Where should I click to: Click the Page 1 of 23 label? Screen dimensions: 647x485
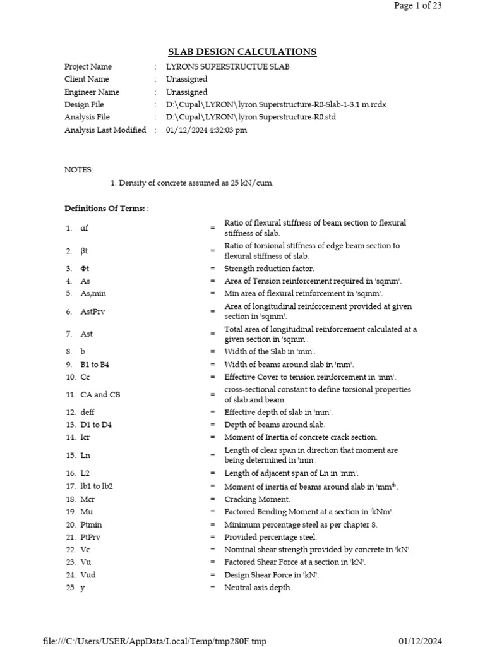pyautogui.click(x=418, y=6)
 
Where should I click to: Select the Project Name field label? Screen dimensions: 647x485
pyautogui.click(x=88, y=67)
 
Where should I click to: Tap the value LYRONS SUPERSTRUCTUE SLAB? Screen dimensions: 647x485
pyautogui.click(x=227, y=67)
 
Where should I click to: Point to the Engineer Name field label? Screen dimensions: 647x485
pyautogui.click(x=92, y=92)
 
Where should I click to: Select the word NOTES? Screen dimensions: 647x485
pyautogui.click(x=78, y=170)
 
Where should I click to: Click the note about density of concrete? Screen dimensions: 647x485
pyautogui.click(x=192, y=183)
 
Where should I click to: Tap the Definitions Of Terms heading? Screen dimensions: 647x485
pyautogui.click(x=105, y=209)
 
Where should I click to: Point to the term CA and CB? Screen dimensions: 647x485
pyautogui.click(x=100, y=395)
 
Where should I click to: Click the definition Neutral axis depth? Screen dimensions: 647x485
pyautogui.click(x=258, y=588)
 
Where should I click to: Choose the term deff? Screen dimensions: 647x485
pyautogui.click(x=88, y=413)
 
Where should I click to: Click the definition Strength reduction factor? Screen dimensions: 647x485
pyautogui.click(x=269, y=269)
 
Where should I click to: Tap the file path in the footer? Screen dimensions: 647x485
pyautogui.click(x=155, y=641)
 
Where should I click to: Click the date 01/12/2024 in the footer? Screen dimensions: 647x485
pyautogui.click(x=420, y=641)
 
